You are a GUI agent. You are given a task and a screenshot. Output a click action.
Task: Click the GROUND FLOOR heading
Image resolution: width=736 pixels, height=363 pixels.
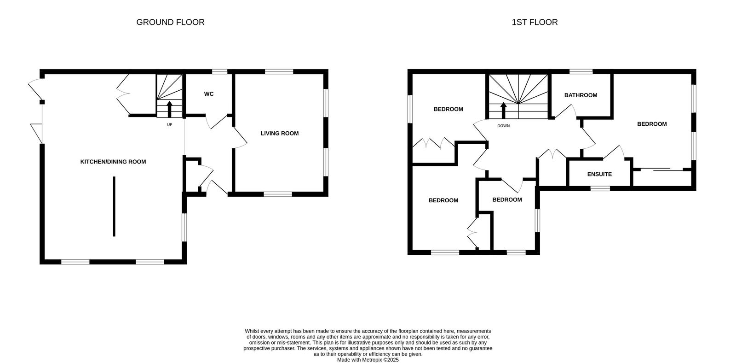pyautogui.click(x=170, y=22)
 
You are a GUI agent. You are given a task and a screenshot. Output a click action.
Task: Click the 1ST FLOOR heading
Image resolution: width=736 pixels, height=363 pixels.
pyautogui.click(x=535, y=22)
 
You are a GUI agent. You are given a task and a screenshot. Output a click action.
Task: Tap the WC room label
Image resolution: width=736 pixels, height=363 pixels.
pyautogui.click(x=209, y=94)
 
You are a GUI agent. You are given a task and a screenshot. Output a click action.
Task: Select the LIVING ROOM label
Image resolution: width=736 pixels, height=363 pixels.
pyautogui.click(x=280, y=133)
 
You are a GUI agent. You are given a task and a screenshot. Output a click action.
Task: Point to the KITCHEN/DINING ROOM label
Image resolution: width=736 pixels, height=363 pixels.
pyautogui.click(x=113, y=162)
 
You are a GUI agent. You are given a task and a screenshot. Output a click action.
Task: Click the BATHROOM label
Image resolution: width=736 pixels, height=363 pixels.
pyautogui.click(x=581, y=95)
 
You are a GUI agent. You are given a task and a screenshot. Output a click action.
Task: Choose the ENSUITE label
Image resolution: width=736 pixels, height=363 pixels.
pyautogui.click(x=600, y=174)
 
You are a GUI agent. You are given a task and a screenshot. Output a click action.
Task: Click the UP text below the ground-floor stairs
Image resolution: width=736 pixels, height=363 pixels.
pyautogui.click(x=170, y=125)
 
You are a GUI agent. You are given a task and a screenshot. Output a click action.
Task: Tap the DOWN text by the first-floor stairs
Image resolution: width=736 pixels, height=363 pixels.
pyautogui.click(x=503, y=126)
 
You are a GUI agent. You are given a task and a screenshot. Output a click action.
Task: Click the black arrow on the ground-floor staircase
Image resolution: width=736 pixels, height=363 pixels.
pyautogui.click(x=170, y=109)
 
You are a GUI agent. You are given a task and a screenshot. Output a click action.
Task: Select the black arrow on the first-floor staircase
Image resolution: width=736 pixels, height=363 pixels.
pyautogui.click(x=503, y=110)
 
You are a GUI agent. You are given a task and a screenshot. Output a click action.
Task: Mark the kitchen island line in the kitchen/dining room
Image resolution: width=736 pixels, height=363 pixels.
pyautogui.click(x=114, y=206)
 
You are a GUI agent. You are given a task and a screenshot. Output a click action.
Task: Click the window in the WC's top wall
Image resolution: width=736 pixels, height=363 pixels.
pyautogui.click(x=220, y=71)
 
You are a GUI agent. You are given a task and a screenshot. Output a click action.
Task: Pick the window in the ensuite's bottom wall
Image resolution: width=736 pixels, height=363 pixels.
pyautogui.click(x=600, y=188)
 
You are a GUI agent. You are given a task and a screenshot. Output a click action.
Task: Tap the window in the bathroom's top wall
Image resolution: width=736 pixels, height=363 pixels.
pyautogui.click(x=581, y=71)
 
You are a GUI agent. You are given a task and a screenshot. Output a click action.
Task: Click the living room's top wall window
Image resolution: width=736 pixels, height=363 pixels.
pyautogui.click(x=279, y=71)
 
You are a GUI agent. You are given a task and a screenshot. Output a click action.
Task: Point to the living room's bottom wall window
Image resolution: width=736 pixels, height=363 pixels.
pyautogui.click(x=278, y=194)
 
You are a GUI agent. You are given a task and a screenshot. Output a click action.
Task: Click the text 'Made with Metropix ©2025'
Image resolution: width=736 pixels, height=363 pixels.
pyautogui.click(x=368, y=360)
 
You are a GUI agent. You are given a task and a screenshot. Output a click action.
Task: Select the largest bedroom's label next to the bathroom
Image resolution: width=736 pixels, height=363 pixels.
pyautogui.click(x=652, y=124)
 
